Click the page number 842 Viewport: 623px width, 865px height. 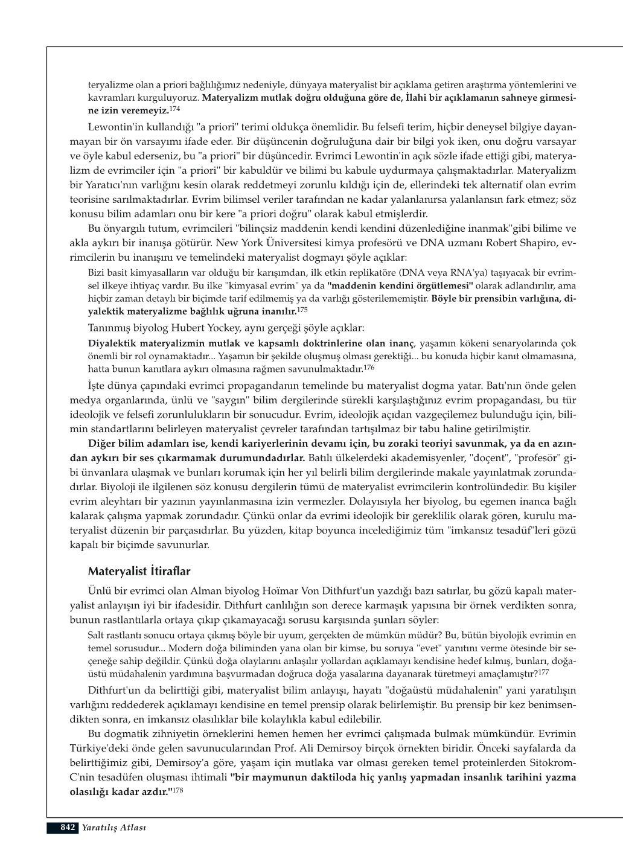pos(67,827)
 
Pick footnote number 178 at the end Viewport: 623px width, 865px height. pos(178,790)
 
